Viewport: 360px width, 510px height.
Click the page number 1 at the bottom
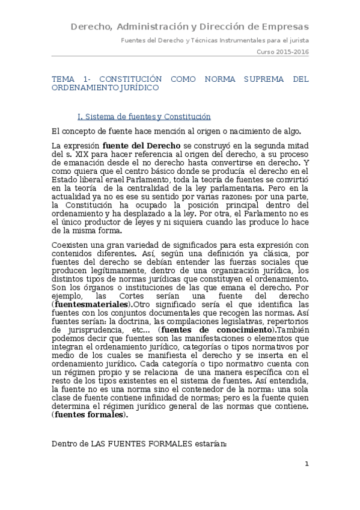pyautogui.click(x=307, y=464)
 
